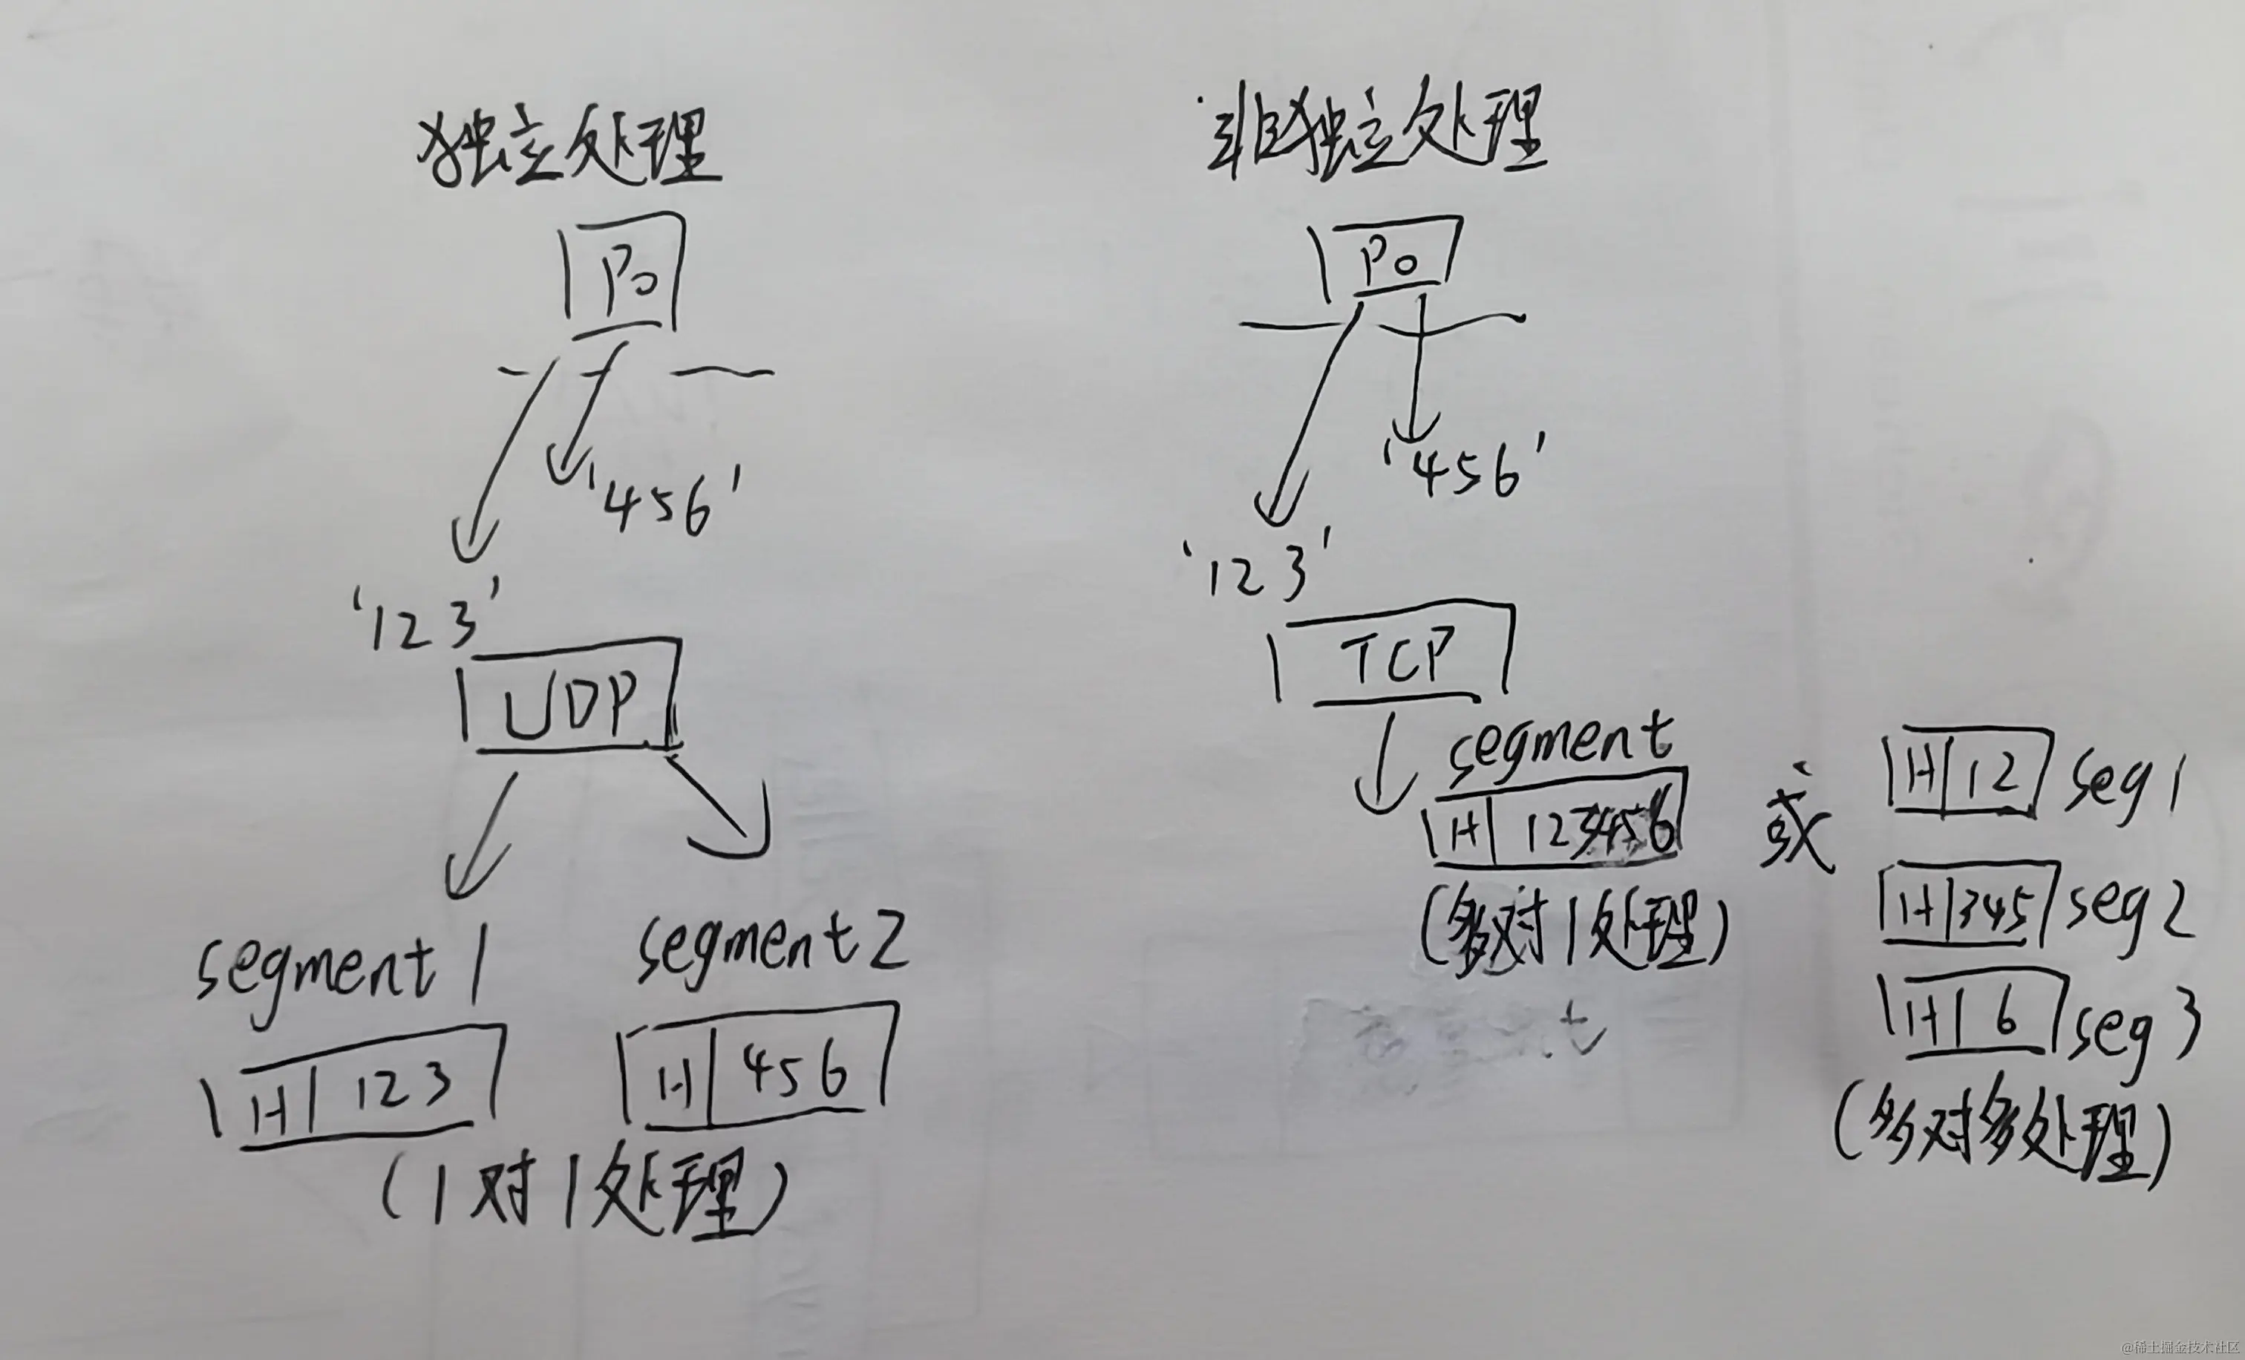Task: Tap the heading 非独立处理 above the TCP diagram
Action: click(x=1376, y=137)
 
